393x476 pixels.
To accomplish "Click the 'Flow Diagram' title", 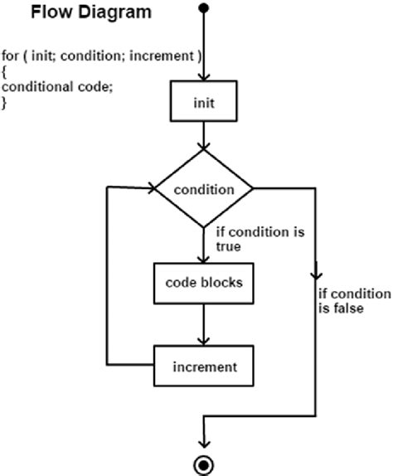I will point(80,13).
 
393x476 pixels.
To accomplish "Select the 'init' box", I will point(203,104).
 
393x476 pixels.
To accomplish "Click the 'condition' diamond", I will point(203,188).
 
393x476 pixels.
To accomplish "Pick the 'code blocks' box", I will point(202,283).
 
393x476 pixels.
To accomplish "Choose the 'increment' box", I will point(202,366).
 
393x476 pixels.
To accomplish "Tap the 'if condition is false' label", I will point(352,300).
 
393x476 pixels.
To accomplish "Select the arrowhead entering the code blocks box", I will point(203,257).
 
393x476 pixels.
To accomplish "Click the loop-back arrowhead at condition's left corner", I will point(152,188).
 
